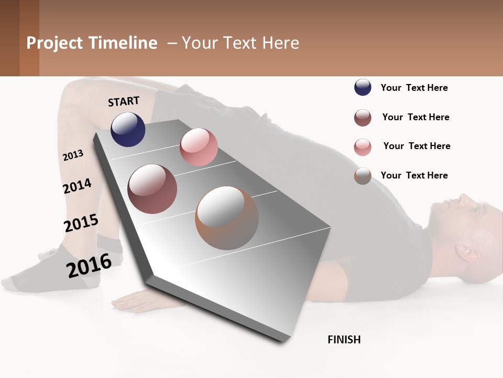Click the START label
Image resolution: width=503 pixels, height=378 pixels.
[x=124, y=101]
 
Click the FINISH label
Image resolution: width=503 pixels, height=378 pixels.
[x=344, y=340]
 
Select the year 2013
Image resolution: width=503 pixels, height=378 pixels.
[x=73, y=155]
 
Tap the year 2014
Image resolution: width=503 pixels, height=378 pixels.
[x=78, y=186]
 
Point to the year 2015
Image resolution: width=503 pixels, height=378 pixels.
[x=81, y=223]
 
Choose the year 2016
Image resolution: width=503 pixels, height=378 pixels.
[x=89, y=266]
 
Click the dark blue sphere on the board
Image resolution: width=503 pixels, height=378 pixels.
[x=128, y=130]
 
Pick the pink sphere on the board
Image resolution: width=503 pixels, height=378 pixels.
[x=199, y=147]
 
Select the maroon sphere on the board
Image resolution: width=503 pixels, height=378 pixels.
[x=152, y=189]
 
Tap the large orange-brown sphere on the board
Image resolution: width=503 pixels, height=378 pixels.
[x=227, y=218]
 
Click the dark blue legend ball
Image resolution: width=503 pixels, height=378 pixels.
[x=363, y=88]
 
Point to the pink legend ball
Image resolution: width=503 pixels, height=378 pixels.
[x=363, y=147]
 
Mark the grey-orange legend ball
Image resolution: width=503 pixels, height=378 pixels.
[x=363, y=176]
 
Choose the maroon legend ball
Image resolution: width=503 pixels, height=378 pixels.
[x=363, y=118]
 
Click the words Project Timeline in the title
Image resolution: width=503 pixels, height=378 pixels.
[x=92, y=43]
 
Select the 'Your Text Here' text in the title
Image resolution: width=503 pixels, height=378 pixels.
[x=240, y=43]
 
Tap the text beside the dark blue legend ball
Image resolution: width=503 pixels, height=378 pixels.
[x=414, y=88]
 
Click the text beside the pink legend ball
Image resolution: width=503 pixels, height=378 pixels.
[x=417, y=146]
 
